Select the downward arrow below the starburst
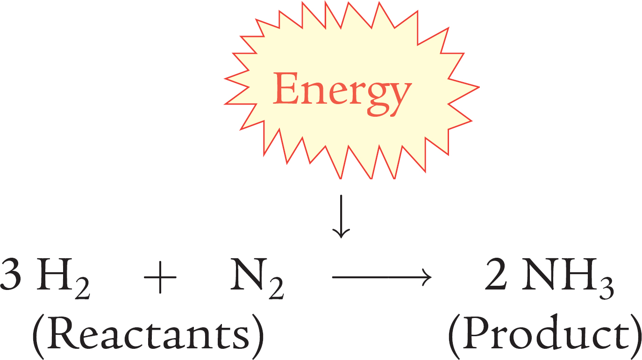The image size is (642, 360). coord(341,217)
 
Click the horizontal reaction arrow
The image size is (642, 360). coord(382,277)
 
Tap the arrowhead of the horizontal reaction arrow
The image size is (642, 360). coord(427,277)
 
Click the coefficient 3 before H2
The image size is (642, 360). coord(10,274)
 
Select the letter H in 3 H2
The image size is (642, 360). coord(55,274)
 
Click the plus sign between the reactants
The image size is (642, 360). coord(160,277)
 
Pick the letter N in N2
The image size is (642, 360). coord(249,274)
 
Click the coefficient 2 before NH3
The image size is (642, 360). coord(495,274)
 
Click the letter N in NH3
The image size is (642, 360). coord(541,274)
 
